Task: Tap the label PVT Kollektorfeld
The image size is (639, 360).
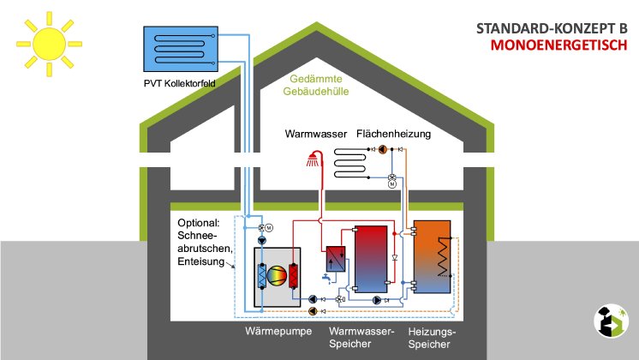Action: tap(182, 84)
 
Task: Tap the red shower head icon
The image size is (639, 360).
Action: tap(316, 159)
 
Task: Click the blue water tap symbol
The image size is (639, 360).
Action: tap(326, 279)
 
